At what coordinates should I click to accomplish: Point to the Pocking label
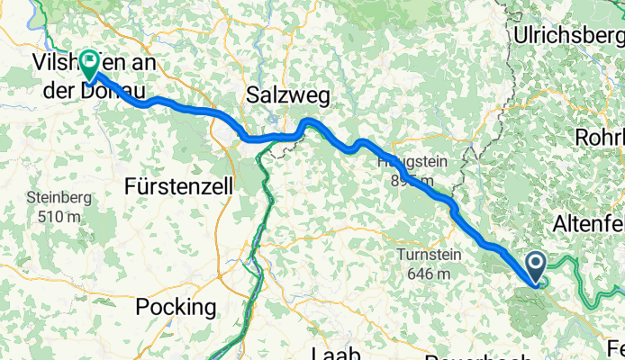pos(176,307)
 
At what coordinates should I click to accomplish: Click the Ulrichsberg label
pos(568,35)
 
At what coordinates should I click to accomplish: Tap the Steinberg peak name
pos(56,198)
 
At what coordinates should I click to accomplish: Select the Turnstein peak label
pos(429,255)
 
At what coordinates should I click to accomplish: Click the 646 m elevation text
pos(429,273)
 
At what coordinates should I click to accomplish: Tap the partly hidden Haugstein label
pos(401,163)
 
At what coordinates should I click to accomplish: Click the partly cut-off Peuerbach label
pos(468,355)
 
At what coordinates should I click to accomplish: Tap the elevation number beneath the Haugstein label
pos(412,181)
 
